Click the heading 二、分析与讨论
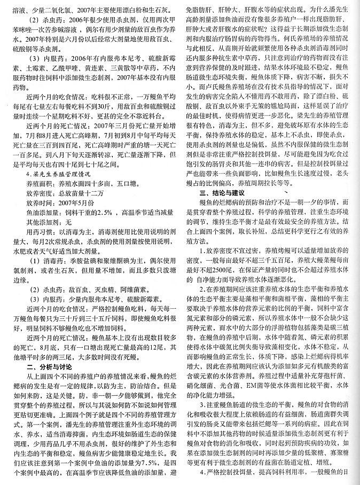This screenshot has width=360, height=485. [53, 367]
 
